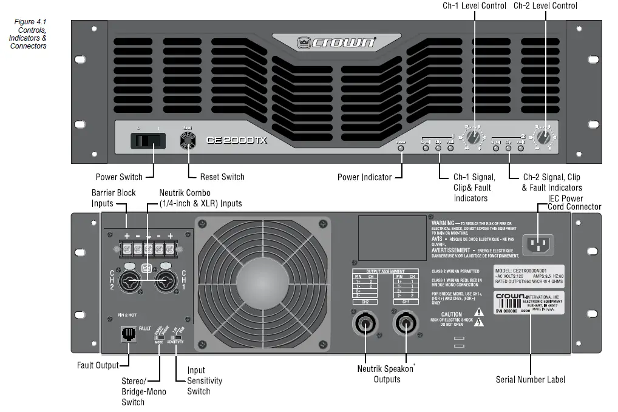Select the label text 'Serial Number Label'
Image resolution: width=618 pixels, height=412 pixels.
(530, 379)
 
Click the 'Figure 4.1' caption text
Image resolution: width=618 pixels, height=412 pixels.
(30, 22)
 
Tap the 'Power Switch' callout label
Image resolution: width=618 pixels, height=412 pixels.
(119, 177)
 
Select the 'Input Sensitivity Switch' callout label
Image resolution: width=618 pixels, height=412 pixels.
(205, 380)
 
